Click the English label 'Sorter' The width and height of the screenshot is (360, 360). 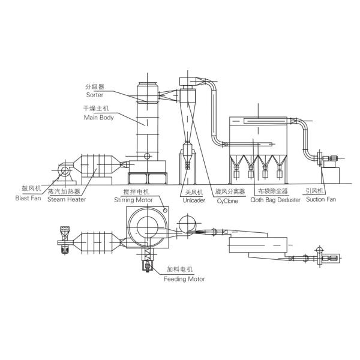[94, 94]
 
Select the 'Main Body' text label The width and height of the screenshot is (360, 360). [98, 118]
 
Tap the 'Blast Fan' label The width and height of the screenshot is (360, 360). [28, 197]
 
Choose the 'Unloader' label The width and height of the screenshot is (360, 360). [194, 200]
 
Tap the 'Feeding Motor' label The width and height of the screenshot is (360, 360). [184, 279]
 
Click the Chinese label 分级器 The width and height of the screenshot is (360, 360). [94, 86]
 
